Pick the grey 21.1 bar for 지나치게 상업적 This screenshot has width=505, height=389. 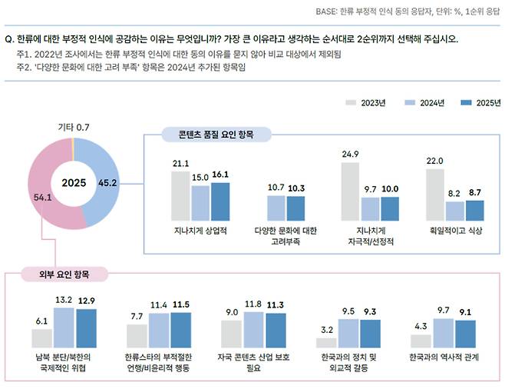180,195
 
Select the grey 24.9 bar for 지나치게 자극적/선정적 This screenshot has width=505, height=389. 350,191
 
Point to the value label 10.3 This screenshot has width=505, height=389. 296,188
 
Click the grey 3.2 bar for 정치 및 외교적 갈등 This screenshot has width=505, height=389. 326,342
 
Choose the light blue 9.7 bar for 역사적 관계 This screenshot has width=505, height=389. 443,333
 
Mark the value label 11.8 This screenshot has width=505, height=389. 253,305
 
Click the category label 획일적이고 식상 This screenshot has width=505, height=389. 454,230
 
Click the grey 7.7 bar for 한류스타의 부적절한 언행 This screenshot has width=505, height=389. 137,335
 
